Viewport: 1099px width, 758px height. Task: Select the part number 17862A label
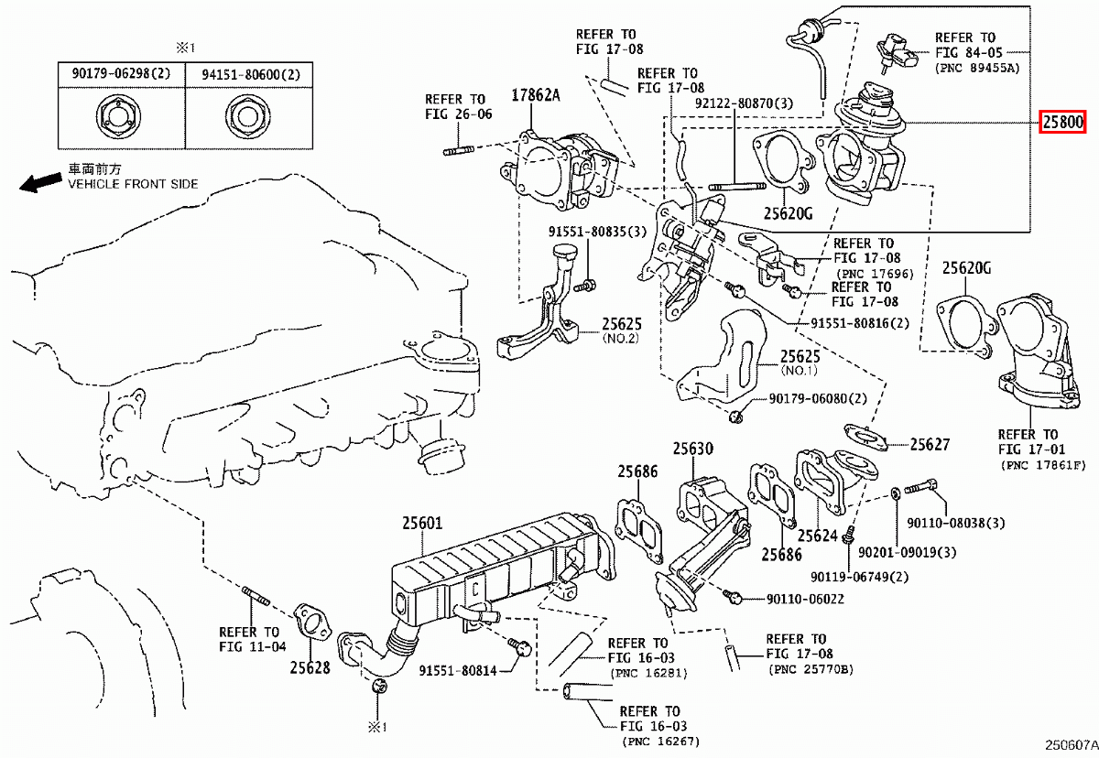pos(536,94)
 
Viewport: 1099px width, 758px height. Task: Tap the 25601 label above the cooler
pos(421,524)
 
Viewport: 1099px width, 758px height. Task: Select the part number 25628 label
pos(310,668)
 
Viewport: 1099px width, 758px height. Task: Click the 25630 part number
pos(693,449)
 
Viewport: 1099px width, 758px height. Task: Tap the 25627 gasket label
pos(930,445)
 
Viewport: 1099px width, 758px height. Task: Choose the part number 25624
pos(817,536)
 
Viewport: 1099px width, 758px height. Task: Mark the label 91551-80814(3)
pos(458,671)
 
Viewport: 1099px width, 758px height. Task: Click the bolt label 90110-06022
pos(805,600)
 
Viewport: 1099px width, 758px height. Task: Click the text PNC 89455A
pos(977,69)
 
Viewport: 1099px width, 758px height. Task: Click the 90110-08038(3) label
pos(956,523)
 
